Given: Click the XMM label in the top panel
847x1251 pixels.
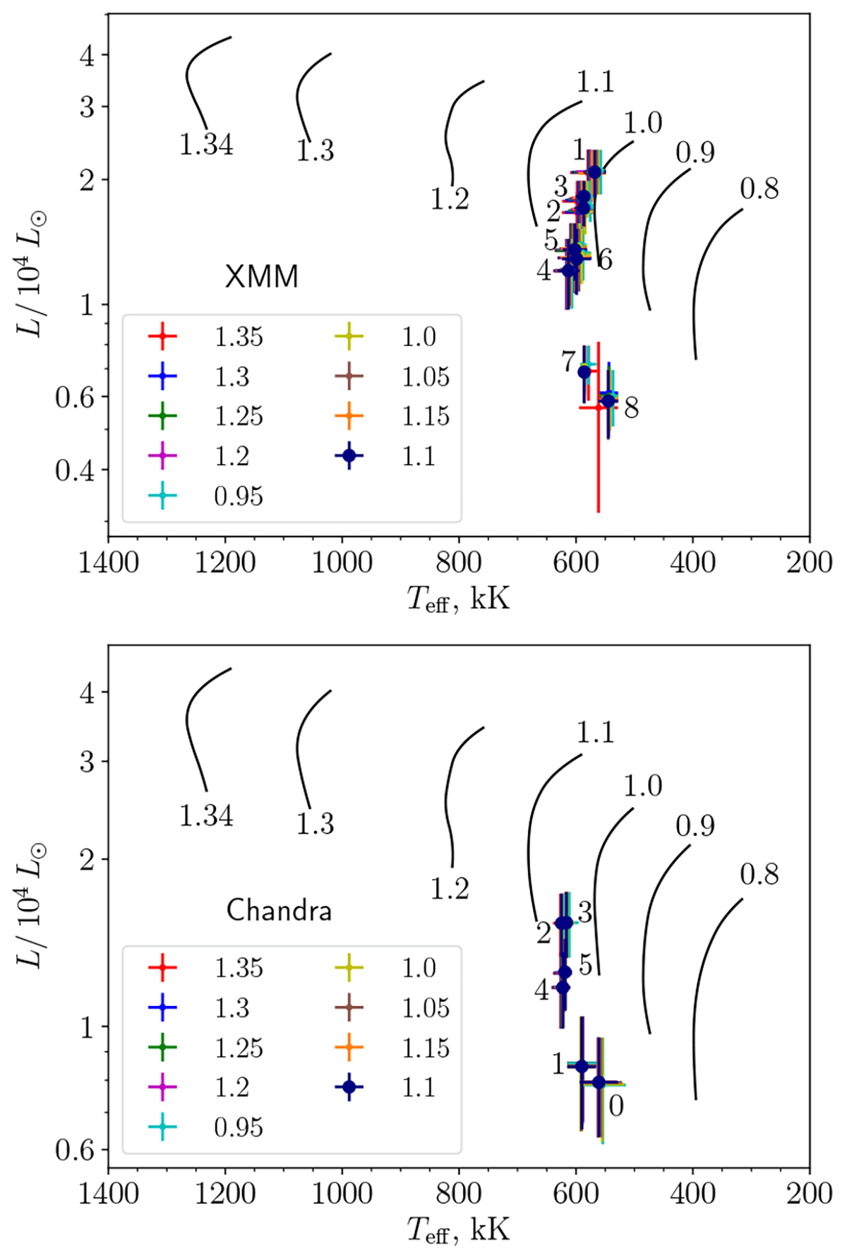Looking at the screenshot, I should tap(261, 277).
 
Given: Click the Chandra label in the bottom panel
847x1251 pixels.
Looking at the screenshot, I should tap(279, 911).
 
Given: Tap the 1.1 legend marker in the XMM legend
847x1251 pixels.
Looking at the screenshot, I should tap(349, 456).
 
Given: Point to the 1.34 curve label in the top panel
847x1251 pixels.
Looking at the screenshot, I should tap(206, 145).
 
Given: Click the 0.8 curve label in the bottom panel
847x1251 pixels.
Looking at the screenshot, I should tap(759, 874).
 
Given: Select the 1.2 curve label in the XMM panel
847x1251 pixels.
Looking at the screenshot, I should tap(450, 200).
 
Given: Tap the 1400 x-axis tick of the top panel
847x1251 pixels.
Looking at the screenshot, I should tap(108, 563).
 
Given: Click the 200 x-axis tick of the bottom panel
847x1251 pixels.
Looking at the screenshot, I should tap(810, 1194).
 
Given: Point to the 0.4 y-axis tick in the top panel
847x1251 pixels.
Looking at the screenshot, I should tap(75, 469).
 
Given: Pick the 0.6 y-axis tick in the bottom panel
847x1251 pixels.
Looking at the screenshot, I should tap(75, 1150).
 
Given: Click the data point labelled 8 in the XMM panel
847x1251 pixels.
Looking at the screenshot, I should tap(608, 401).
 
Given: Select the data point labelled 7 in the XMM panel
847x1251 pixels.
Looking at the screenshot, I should tap(584, 372).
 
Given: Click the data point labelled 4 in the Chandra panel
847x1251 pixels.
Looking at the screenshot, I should tap(563, 987).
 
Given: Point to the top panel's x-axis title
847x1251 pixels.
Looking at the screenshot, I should tap(458, 599).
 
